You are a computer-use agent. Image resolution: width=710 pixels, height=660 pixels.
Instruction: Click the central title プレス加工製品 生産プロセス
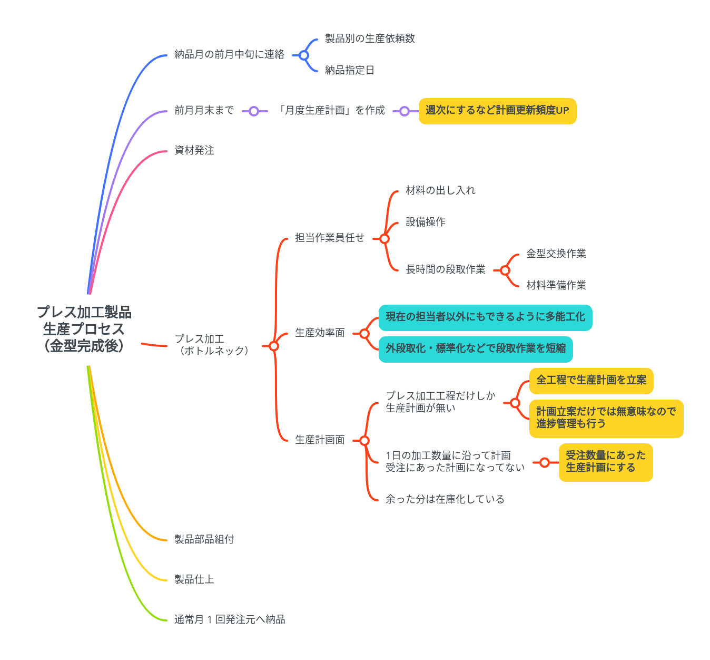(84, 328)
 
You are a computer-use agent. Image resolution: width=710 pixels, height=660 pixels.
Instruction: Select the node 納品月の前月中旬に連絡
(229, 54)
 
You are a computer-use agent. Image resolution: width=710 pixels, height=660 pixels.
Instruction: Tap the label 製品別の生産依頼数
(370, 38)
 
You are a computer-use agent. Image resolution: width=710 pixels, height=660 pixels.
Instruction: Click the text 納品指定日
(349, 70)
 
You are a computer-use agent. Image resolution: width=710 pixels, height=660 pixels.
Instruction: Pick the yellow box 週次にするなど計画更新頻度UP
(497, 111)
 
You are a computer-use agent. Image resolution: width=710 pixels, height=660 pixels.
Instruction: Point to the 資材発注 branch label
(194, 150)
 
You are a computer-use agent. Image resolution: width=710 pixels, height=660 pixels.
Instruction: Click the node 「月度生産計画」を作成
(331, 110)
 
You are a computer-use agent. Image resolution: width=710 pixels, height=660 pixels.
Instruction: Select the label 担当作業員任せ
(329, 238)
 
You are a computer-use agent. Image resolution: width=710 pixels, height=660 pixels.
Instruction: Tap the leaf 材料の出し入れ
(440, 190)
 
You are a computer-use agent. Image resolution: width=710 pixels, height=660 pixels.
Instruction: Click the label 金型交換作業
(556, 254)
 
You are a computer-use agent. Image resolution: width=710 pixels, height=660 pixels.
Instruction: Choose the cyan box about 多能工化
(485, 317)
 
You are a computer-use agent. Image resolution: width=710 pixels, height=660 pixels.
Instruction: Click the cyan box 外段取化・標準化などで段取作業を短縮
(475, 349)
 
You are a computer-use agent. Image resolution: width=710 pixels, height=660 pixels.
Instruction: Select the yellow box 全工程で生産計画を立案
(591, 381)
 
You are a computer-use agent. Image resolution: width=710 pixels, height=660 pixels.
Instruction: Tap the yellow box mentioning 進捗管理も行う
(606, 418)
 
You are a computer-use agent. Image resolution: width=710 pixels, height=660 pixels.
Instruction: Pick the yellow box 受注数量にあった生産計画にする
(605, 462)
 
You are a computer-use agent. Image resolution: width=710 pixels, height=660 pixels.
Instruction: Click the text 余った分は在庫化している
(445, 499)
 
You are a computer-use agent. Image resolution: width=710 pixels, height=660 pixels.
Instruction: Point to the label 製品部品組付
(204, 539)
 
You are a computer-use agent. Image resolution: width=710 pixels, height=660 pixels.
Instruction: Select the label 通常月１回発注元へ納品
(230, 619)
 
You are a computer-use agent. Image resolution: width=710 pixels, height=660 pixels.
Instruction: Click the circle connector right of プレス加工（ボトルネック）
(273, 346)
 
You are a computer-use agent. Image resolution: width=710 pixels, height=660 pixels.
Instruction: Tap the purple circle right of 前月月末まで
(254, 111)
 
